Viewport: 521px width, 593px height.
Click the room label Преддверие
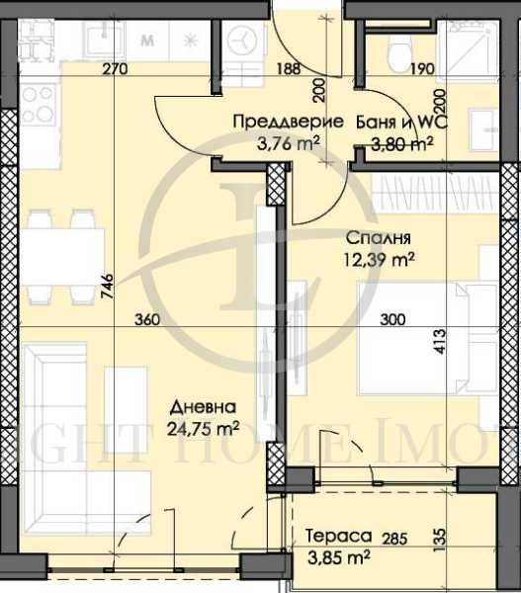point(288,123)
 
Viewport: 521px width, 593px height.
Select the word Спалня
point(377,238)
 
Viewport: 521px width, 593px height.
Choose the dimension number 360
point(145,320)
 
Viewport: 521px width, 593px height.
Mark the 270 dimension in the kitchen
point(117,69)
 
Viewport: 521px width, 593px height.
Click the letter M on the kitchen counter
point(147,42)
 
